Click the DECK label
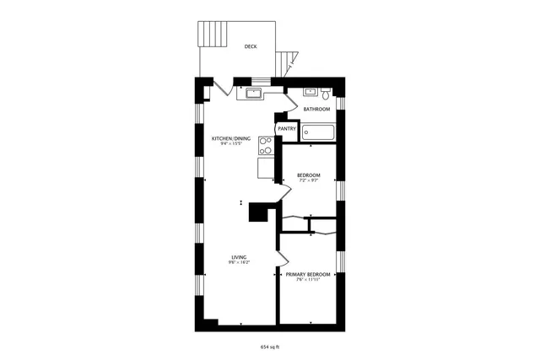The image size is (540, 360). point(251,47)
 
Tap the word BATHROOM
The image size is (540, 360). point(316,110)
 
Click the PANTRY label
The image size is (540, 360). point(286,129)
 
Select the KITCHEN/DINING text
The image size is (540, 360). point(230,138)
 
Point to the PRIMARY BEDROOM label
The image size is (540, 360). point(307,275)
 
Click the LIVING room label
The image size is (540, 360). point(239,257)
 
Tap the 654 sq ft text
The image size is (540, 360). point(269,347)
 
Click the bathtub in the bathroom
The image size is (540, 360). point(319,132)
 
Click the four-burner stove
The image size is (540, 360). point(265,147)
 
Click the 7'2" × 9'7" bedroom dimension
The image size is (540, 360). point(308,180)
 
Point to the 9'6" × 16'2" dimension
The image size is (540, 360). point(239,263)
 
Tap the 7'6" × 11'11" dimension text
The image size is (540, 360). point(307,281)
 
